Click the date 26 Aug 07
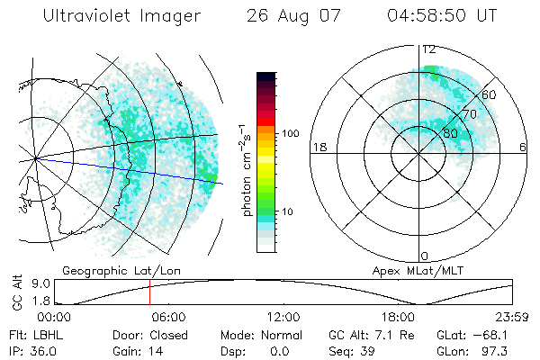(289, 16)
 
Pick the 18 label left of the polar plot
(318, 147)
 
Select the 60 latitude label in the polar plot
(490, 94)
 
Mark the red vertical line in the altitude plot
(149, 292)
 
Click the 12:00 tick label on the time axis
(284, 317)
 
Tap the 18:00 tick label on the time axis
(400, 317)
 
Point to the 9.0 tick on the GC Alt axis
(39, 283)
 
